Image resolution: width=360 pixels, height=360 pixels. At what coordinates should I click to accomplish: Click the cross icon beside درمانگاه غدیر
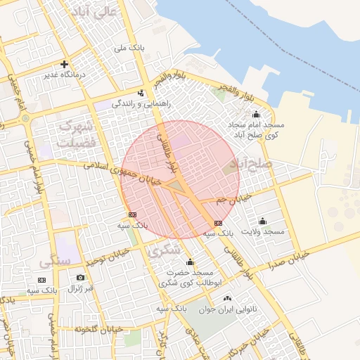point(65,63)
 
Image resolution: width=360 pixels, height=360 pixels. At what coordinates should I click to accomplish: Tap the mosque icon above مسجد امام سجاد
point(256,114)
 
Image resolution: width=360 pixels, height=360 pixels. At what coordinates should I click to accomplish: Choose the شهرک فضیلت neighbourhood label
point(76,134)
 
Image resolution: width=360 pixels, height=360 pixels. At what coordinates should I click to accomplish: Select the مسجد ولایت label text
point(263,231)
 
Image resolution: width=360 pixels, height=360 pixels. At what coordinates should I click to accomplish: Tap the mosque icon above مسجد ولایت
point(263,221)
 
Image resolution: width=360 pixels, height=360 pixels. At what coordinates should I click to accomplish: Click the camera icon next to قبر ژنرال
point(80,278)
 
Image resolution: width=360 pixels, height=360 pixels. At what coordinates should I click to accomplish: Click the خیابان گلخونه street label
point(99,328)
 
